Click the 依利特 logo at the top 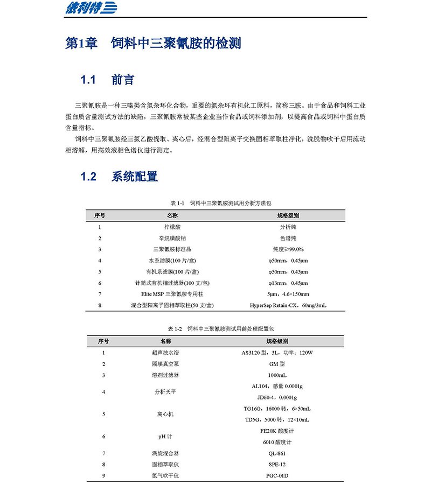[x=84, y=9]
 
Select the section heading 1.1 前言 [x=107, y=80]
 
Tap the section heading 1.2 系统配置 [x=119, y=176]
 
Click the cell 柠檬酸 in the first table [x=172, y=227]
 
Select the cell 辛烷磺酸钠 [x=172, y=238]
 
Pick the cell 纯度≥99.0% [x=288, y=249]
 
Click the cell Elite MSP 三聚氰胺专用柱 [x=172, y=294]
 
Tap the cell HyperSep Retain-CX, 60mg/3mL [x=288, y=305]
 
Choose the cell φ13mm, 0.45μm [x=288, y=283]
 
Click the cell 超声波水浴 [x=165, y=353]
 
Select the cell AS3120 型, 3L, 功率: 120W [x=277, y=353]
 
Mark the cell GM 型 [x=277, y=364]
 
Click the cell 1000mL [x=277, y=375]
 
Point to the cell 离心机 [x=165, y=414]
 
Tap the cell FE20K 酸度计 [x=277, y=431]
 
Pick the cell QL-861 [x=277, y=453]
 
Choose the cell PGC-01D [x=277, y=475]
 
